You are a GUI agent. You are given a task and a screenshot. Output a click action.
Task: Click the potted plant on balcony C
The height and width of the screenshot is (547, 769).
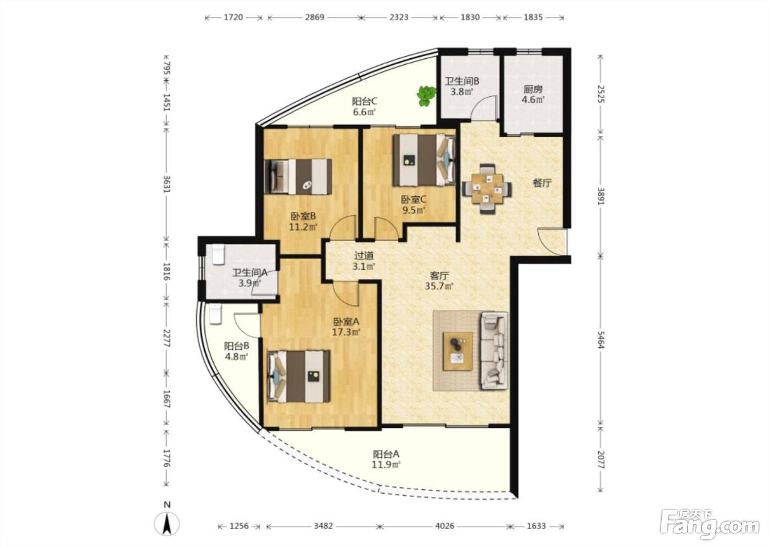click(x=426, y=96)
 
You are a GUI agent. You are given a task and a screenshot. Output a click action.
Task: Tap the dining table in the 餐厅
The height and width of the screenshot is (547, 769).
click(x=487, y=188)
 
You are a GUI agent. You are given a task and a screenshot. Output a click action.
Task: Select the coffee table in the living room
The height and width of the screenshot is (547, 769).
click(x=457, y=351)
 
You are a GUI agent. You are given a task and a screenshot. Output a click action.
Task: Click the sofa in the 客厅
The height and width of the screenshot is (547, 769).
click(x=494, y=350)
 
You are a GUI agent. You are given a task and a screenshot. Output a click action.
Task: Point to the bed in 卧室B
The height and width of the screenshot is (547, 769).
click(x=299, y=176)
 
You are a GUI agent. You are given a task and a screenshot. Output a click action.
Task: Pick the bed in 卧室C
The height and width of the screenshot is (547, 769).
click(x=424, y=160)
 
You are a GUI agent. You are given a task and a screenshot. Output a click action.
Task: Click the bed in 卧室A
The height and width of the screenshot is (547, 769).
click(x=299, y=376)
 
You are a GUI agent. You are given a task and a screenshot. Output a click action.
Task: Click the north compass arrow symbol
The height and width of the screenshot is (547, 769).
click(x=167, y=524)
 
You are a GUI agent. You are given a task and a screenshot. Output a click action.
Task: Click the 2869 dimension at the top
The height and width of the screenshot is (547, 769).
click(x=314, y=17)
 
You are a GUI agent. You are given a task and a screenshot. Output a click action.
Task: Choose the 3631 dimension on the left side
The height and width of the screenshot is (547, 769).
click(x=167, y=184)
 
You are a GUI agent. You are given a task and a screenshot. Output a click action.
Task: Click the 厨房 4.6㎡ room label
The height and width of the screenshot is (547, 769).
click(x=533, y=94)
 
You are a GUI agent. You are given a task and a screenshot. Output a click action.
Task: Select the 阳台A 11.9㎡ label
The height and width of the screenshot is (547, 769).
click(x=387, y=459)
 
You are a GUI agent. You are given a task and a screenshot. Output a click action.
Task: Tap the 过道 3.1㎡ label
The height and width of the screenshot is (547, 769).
click(x=364, y=261)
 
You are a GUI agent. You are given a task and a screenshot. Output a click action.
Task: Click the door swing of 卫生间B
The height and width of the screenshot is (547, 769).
click(x=484, y=108)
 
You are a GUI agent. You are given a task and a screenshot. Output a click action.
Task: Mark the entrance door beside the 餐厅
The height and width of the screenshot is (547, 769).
click(x=553, y=242)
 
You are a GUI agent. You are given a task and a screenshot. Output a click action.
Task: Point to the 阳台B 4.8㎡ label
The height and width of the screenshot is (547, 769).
click(x=237, y=351)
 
